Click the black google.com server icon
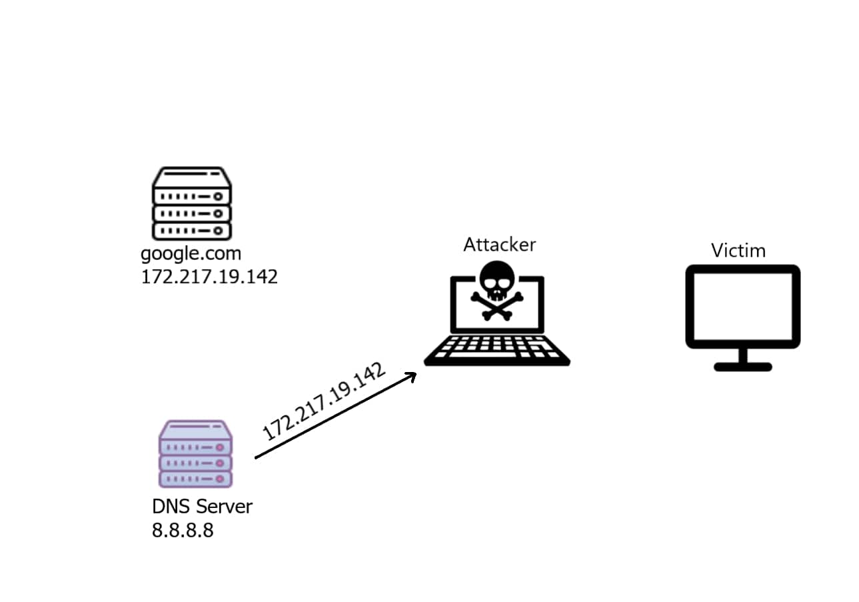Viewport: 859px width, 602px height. [192, 203]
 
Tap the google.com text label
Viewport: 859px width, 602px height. [191, 254]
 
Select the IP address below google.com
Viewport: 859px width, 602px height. [209, 277]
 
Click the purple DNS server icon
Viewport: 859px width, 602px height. [195, 454]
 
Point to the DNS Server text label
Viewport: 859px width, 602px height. [202, 507]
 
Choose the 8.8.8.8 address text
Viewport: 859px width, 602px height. [183, 531]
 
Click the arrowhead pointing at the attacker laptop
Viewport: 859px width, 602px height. [411, 375]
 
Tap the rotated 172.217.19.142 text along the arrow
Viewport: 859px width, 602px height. [324, 401]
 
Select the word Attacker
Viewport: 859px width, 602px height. [499, 245]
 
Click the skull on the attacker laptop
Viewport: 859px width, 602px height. [496, 279]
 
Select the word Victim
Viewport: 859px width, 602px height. [738, 251]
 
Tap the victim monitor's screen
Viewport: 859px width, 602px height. [742, 305]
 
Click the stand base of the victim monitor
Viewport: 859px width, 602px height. [742, 367]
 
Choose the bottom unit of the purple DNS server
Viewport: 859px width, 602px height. [195, 479]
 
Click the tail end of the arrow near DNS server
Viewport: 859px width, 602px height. [257, 457]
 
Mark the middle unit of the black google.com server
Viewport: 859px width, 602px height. [192, 213]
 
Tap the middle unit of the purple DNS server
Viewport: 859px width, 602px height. [195, 463]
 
